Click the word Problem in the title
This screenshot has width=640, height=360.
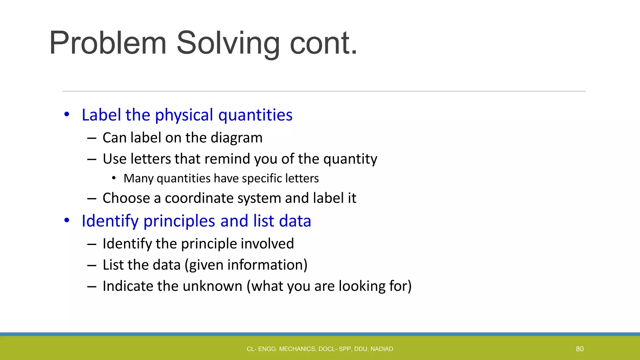tap(108, 43)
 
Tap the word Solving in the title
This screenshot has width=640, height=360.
tap(228, 43)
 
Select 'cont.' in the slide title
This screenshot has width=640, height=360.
tap(323, 43)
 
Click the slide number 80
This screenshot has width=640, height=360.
tap(580, 349)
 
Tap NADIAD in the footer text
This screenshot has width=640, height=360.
tap(382, 349)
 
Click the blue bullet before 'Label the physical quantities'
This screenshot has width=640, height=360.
tap(67, 114)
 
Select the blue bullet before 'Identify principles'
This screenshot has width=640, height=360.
tap(67, 220)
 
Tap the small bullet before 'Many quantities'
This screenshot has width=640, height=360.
tap(114, 178)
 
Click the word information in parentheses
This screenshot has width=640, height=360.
tap(265, 265)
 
